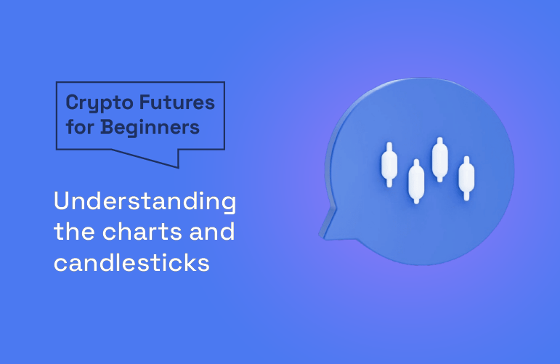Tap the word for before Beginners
[x=80, y=127]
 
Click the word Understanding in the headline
[x=145, y=203]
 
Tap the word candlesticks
[x=131, y=262]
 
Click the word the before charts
[x=73, y=232]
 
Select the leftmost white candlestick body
[x=389, y=164]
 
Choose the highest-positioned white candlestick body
[x=439, y=159]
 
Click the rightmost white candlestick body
[x=466, y=177]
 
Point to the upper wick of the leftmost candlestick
[x=389, y=145]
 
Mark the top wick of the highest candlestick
[x=439, y=140]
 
